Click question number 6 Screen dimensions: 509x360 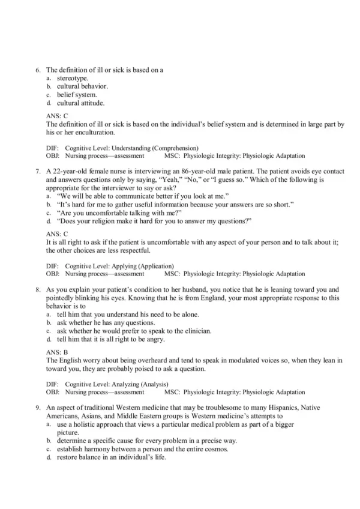click(x=38, y=70)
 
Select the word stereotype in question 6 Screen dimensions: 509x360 click(x=72, y=78)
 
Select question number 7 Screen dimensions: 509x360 click(x=38, y=172)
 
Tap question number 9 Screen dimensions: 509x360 click(x=38, y=408)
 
